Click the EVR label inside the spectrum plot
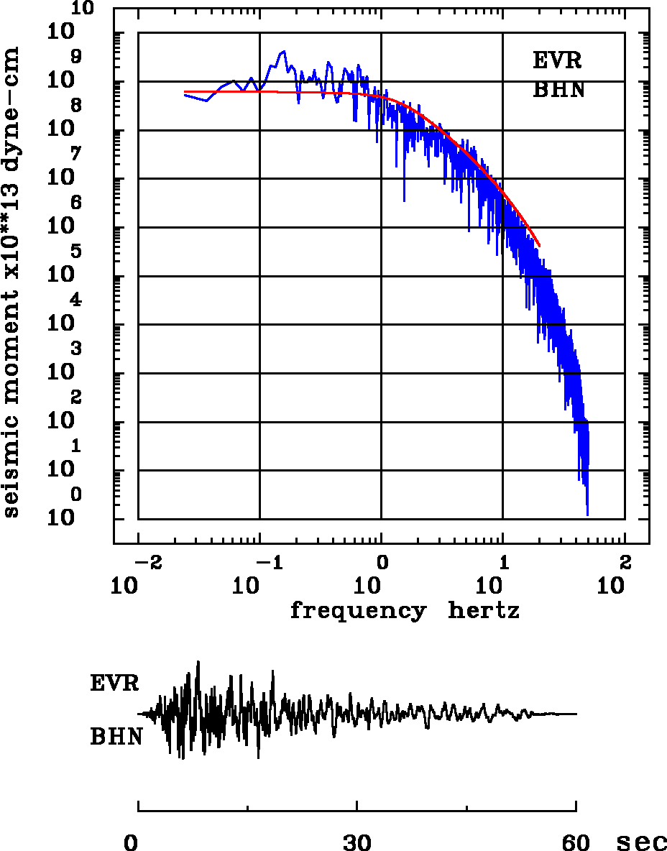click(x=557, y=61)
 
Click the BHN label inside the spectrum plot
click(x=558, y=91)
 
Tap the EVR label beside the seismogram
click(x=114, y=683)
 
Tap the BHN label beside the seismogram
click(x=116, y=737)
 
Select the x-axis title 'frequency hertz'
click(x=405, y=612)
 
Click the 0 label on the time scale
click(x=131, y=842)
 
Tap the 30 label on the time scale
click(x=356, y=842)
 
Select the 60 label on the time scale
click(x=576, y=842)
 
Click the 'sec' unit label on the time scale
click(x=641, y=842)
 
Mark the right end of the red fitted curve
click(x=539, y=246)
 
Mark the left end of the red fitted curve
click(x=185, y=92)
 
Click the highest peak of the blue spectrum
click(x=283, y=51)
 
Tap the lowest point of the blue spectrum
click(x=587, y=515)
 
